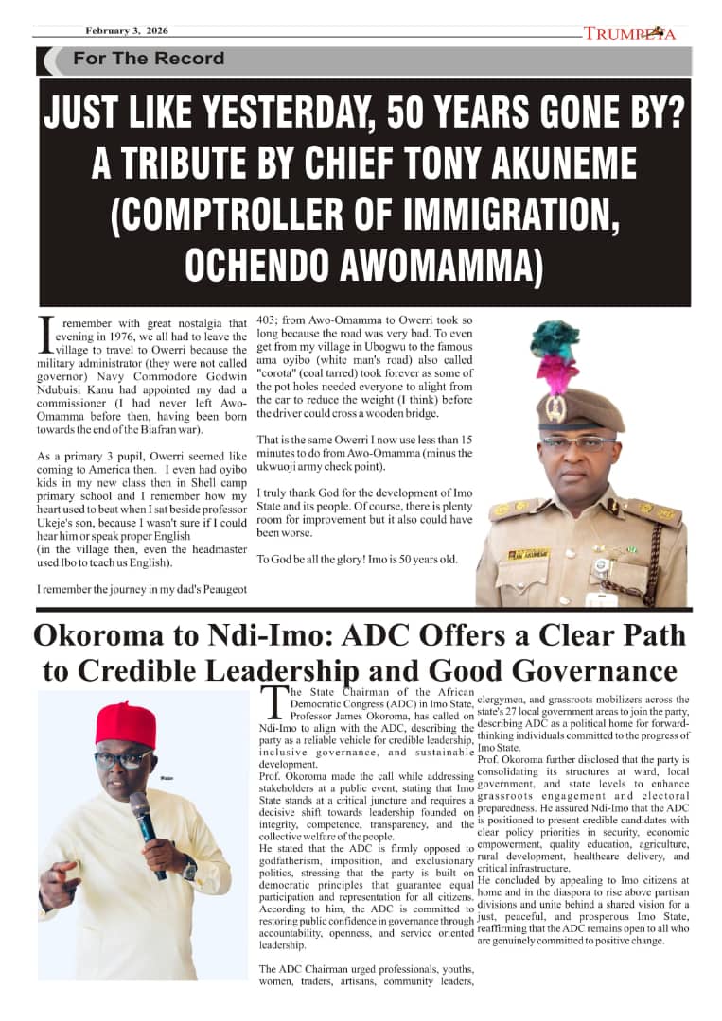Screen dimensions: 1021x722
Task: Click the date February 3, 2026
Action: [127, 30]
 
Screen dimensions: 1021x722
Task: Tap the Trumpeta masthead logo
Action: [629, 34]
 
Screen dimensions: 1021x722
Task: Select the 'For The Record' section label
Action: [149, 59]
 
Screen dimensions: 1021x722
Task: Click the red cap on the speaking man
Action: [125, 723]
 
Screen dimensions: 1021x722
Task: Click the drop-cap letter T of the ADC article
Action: [273, 701]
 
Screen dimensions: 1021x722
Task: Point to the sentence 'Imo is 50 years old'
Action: [406, 559]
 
